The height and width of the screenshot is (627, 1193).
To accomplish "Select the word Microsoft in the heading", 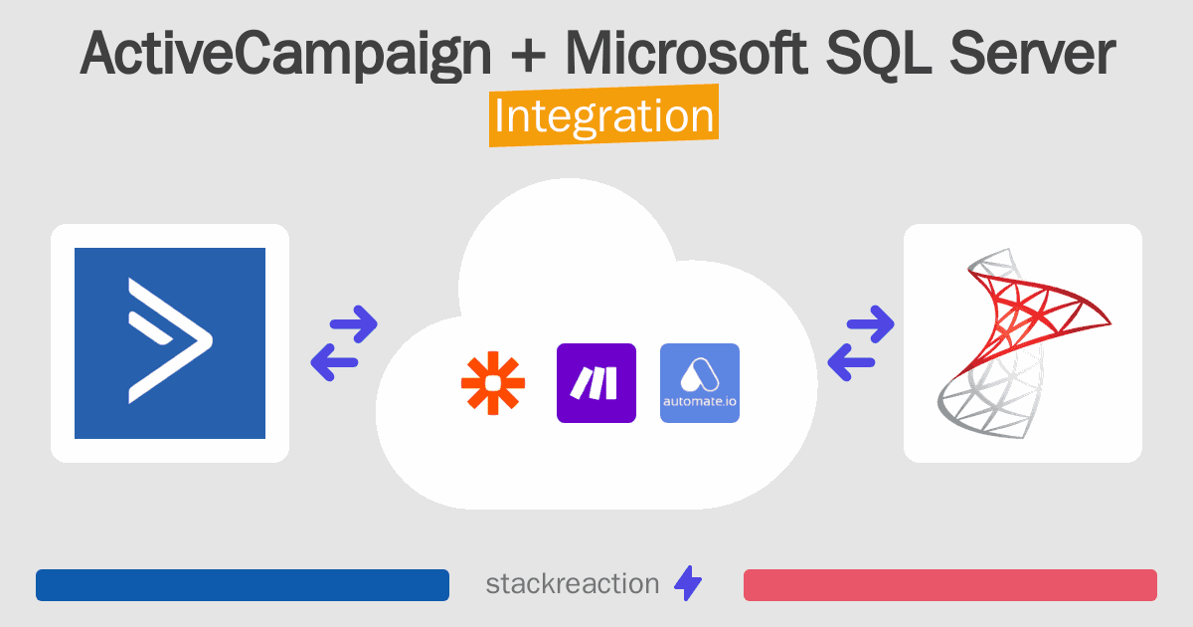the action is (x=687, y=52).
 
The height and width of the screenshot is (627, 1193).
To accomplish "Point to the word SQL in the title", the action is (x=879, y=54).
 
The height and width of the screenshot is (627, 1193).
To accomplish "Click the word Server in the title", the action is (x=1032, y=52).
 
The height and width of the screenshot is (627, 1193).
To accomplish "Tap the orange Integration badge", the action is (x=604, y=115).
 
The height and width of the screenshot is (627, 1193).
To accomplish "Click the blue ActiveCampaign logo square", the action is (x=170, y=343).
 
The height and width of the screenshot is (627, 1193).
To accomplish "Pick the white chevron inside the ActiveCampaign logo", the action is (x=170, y=340).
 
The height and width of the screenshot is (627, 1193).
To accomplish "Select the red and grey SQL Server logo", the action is (x=1024, y=343).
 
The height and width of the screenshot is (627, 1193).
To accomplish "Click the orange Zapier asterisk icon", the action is (x=493, y=383).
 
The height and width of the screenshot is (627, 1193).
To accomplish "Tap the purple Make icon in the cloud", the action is (x=596, y=383).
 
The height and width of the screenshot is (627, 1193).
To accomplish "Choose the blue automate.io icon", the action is (x=700, y=383).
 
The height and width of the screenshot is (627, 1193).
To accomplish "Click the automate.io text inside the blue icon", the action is (x=700, y=401).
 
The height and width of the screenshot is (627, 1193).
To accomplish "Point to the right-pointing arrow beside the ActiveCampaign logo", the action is (x=354, y=323).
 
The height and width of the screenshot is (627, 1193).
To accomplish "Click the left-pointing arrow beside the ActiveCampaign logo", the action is (x=334, y=362).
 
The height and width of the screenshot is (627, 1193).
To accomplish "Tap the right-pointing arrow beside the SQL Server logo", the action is (x=871, y=323).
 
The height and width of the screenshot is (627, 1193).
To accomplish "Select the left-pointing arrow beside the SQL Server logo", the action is (x=851, y=362).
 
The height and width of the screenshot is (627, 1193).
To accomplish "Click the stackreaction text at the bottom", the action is (x=573, y=584).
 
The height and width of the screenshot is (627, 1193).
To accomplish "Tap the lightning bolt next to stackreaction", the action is (x=688, y=583).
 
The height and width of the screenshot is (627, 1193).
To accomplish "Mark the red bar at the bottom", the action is (x=950, y=585).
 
